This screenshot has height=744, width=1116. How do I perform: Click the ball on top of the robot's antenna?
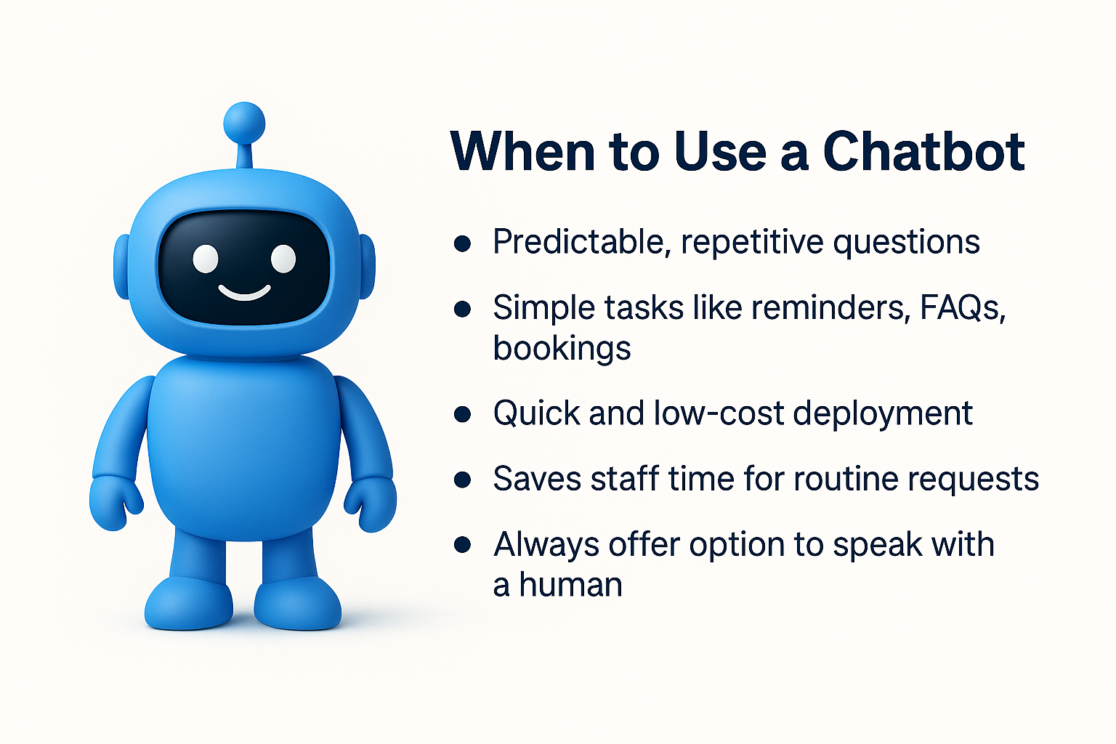pos(244,123)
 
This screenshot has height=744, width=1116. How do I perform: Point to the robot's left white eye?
pos(206,259)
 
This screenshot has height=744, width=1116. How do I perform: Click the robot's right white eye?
pos(283,259)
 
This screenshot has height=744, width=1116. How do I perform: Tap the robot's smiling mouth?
pos(245,293)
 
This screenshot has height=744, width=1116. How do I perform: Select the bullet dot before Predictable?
pos(462,243)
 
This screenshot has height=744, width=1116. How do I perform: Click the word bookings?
pos(562,348)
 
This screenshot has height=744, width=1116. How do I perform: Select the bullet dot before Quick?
pos(462,415)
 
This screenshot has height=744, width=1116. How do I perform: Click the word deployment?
pos(882,414)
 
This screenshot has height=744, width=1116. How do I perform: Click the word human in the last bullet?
pos(571,584)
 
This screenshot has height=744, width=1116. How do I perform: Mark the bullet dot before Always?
pos(462,545)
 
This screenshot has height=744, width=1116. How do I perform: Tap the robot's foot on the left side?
pos(189,604)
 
